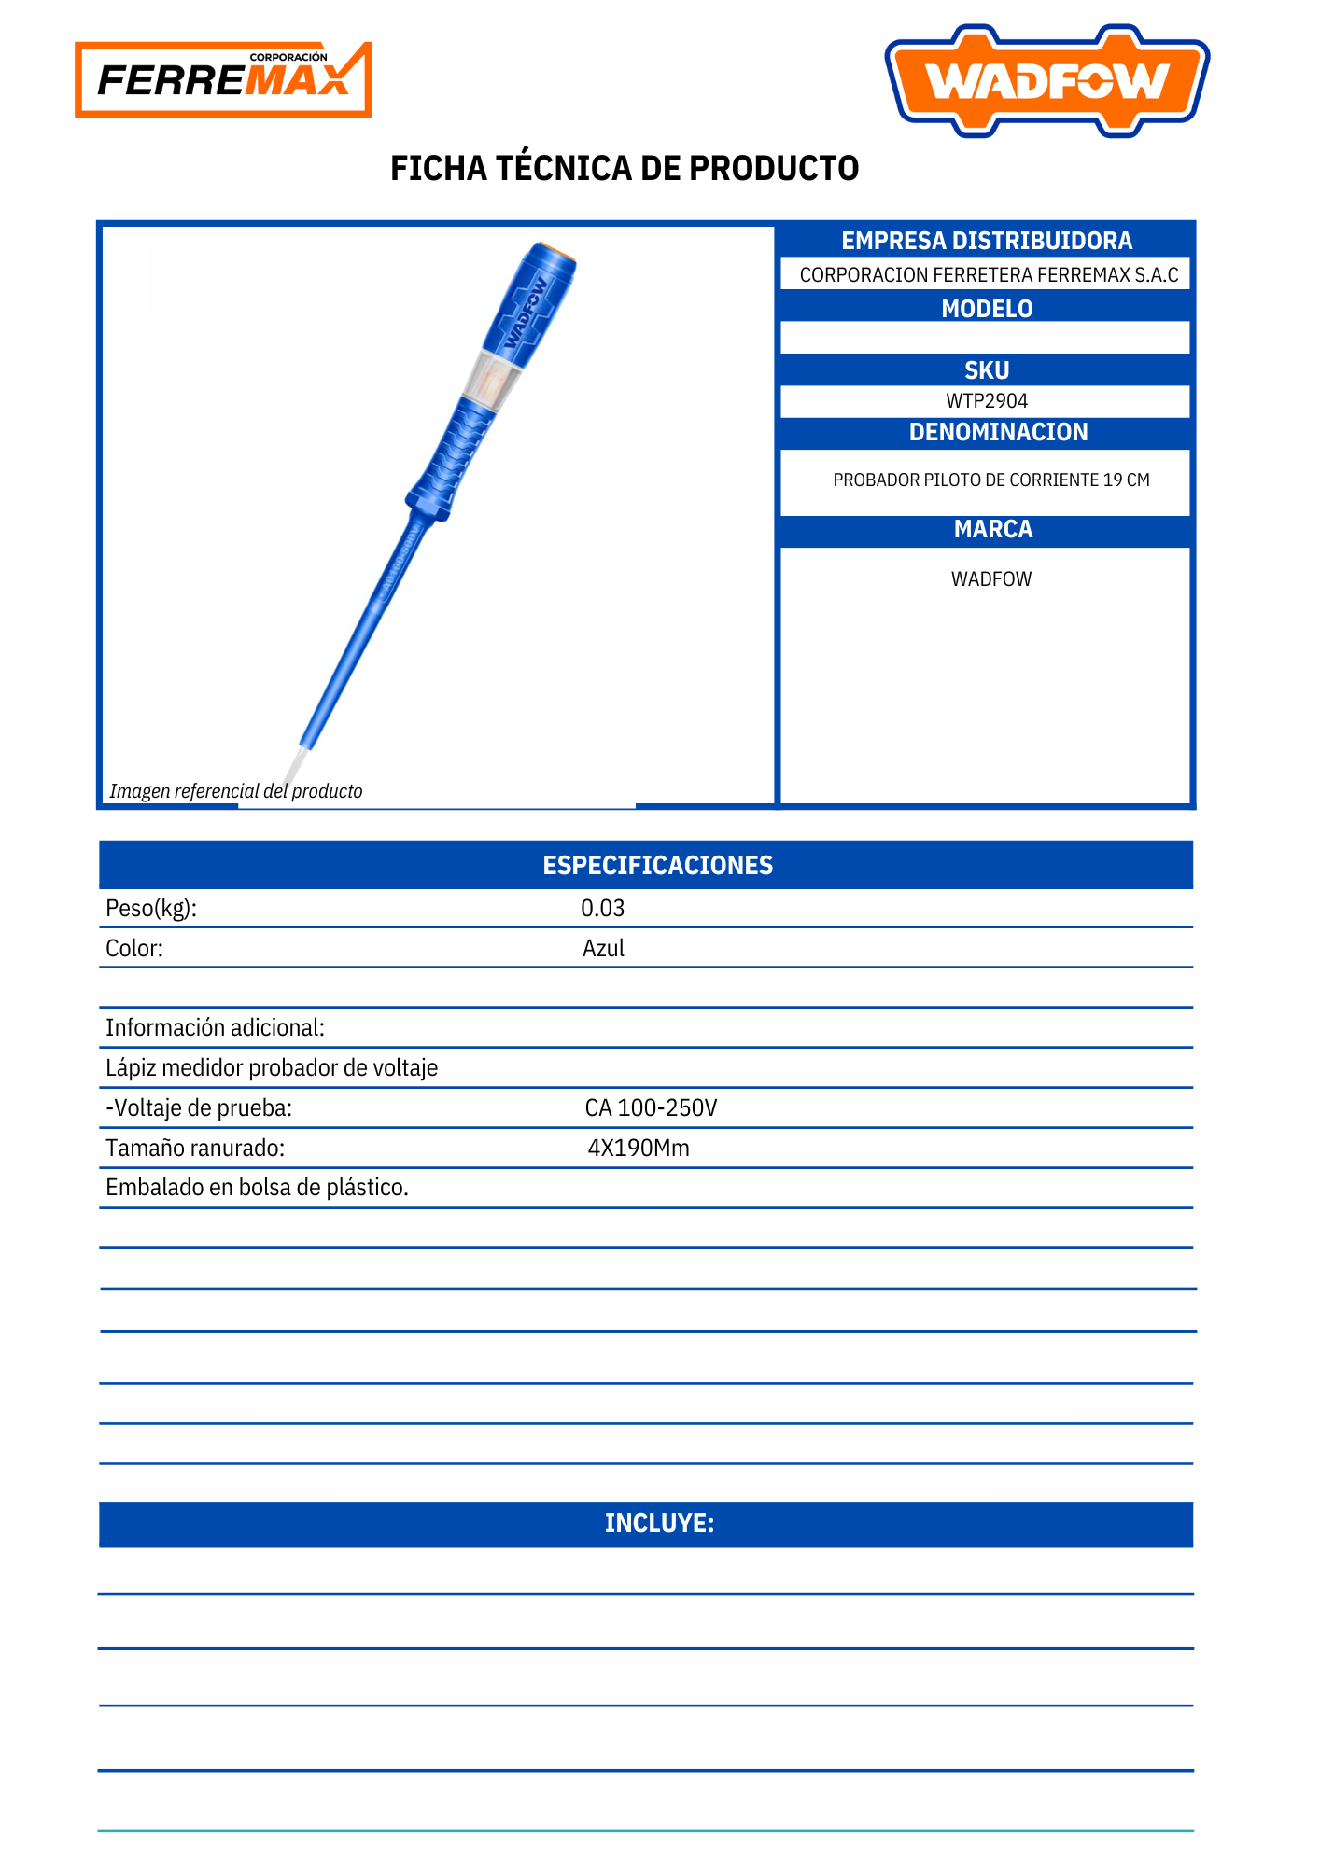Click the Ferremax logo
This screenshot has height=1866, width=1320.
click(223, 79)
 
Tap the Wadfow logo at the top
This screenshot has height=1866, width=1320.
click(1046, 81)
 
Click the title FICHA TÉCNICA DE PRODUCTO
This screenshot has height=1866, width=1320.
click(625, 169)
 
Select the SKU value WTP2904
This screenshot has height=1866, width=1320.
click(987, 401)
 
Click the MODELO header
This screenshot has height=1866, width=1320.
click(987, 309)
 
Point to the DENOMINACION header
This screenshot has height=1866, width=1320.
click(998, 433)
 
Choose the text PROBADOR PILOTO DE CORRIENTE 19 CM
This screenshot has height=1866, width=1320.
click(990, 480)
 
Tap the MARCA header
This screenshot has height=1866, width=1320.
click(992, 530)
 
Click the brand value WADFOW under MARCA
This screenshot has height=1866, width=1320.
click(991, 579)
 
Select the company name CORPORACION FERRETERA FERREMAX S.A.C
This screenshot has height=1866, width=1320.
click(989, 275)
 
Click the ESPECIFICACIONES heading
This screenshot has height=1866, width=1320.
click(657, 866)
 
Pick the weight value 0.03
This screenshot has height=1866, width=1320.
click(602, 909)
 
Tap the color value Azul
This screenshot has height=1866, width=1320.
click(603, 949)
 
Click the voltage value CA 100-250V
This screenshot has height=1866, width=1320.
click(651, 1108)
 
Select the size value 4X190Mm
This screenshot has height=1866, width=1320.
click(639, 1149)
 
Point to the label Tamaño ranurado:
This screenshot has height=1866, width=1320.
click(195, 1149)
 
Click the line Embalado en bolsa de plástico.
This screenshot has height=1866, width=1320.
click(257, 1188)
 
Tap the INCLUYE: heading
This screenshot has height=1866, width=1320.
click(659, 1524)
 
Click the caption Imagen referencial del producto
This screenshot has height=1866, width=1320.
click(235, 791)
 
